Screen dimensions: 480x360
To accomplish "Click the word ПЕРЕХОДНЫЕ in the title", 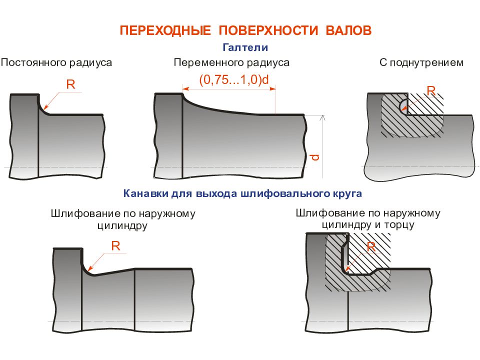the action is pos(165,30).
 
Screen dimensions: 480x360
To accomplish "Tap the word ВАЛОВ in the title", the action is pos(348,30).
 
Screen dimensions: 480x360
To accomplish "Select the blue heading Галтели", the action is pos(245,47).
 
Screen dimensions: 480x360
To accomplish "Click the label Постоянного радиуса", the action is pos(56,63).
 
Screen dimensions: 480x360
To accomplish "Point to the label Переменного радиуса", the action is pos(231,63).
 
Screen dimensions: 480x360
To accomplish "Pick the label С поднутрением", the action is pos(421,63).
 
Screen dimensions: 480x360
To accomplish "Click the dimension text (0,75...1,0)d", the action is pos(234,79).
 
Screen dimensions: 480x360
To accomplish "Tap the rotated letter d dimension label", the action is pos(315,157).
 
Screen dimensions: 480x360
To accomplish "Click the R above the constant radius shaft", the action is pos(70,84).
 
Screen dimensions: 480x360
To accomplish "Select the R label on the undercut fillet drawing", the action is pos(431,90).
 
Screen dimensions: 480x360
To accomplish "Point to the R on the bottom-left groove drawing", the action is pos(115,246).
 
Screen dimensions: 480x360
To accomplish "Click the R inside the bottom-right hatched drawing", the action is pos(371,246).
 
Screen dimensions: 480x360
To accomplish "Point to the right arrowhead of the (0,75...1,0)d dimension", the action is pos(272,89).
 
